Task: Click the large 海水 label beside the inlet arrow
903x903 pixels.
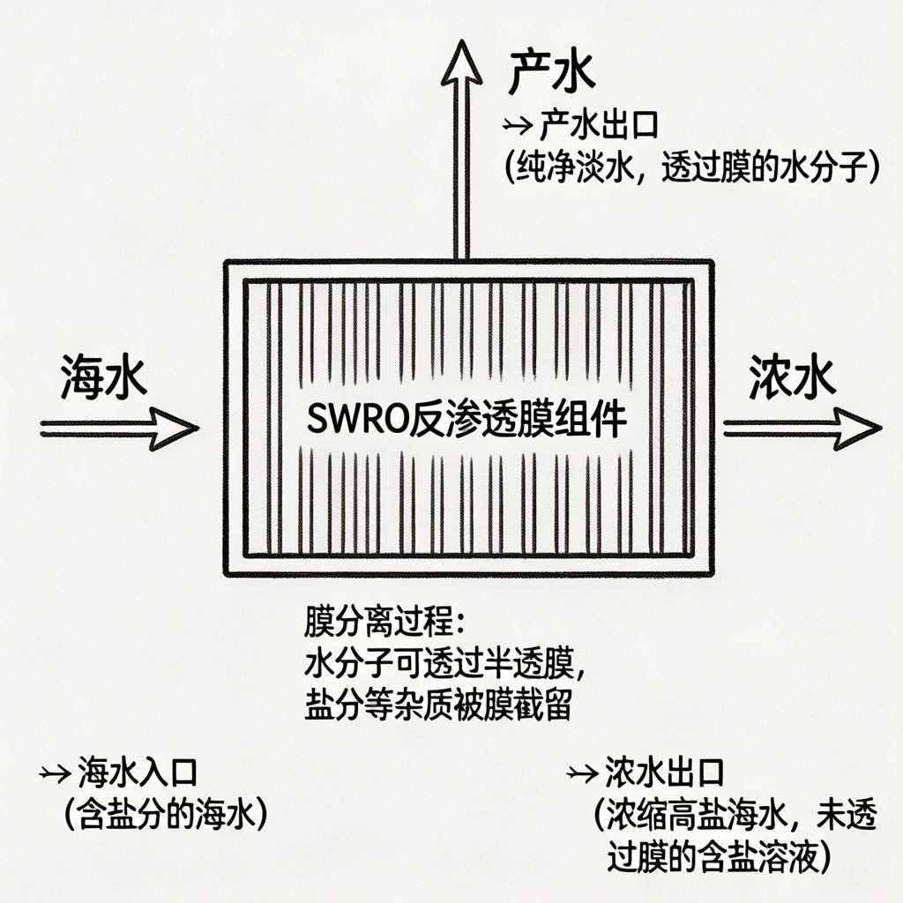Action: coord(103,379)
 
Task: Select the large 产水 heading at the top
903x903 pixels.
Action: coord(551,74)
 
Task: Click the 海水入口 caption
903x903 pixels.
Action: coord(137,773)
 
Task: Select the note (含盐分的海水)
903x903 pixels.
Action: coord(166,812)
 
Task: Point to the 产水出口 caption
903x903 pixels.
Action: coord(599,126)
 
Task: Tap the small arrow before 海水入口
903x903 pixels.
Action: coord(56,774)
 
